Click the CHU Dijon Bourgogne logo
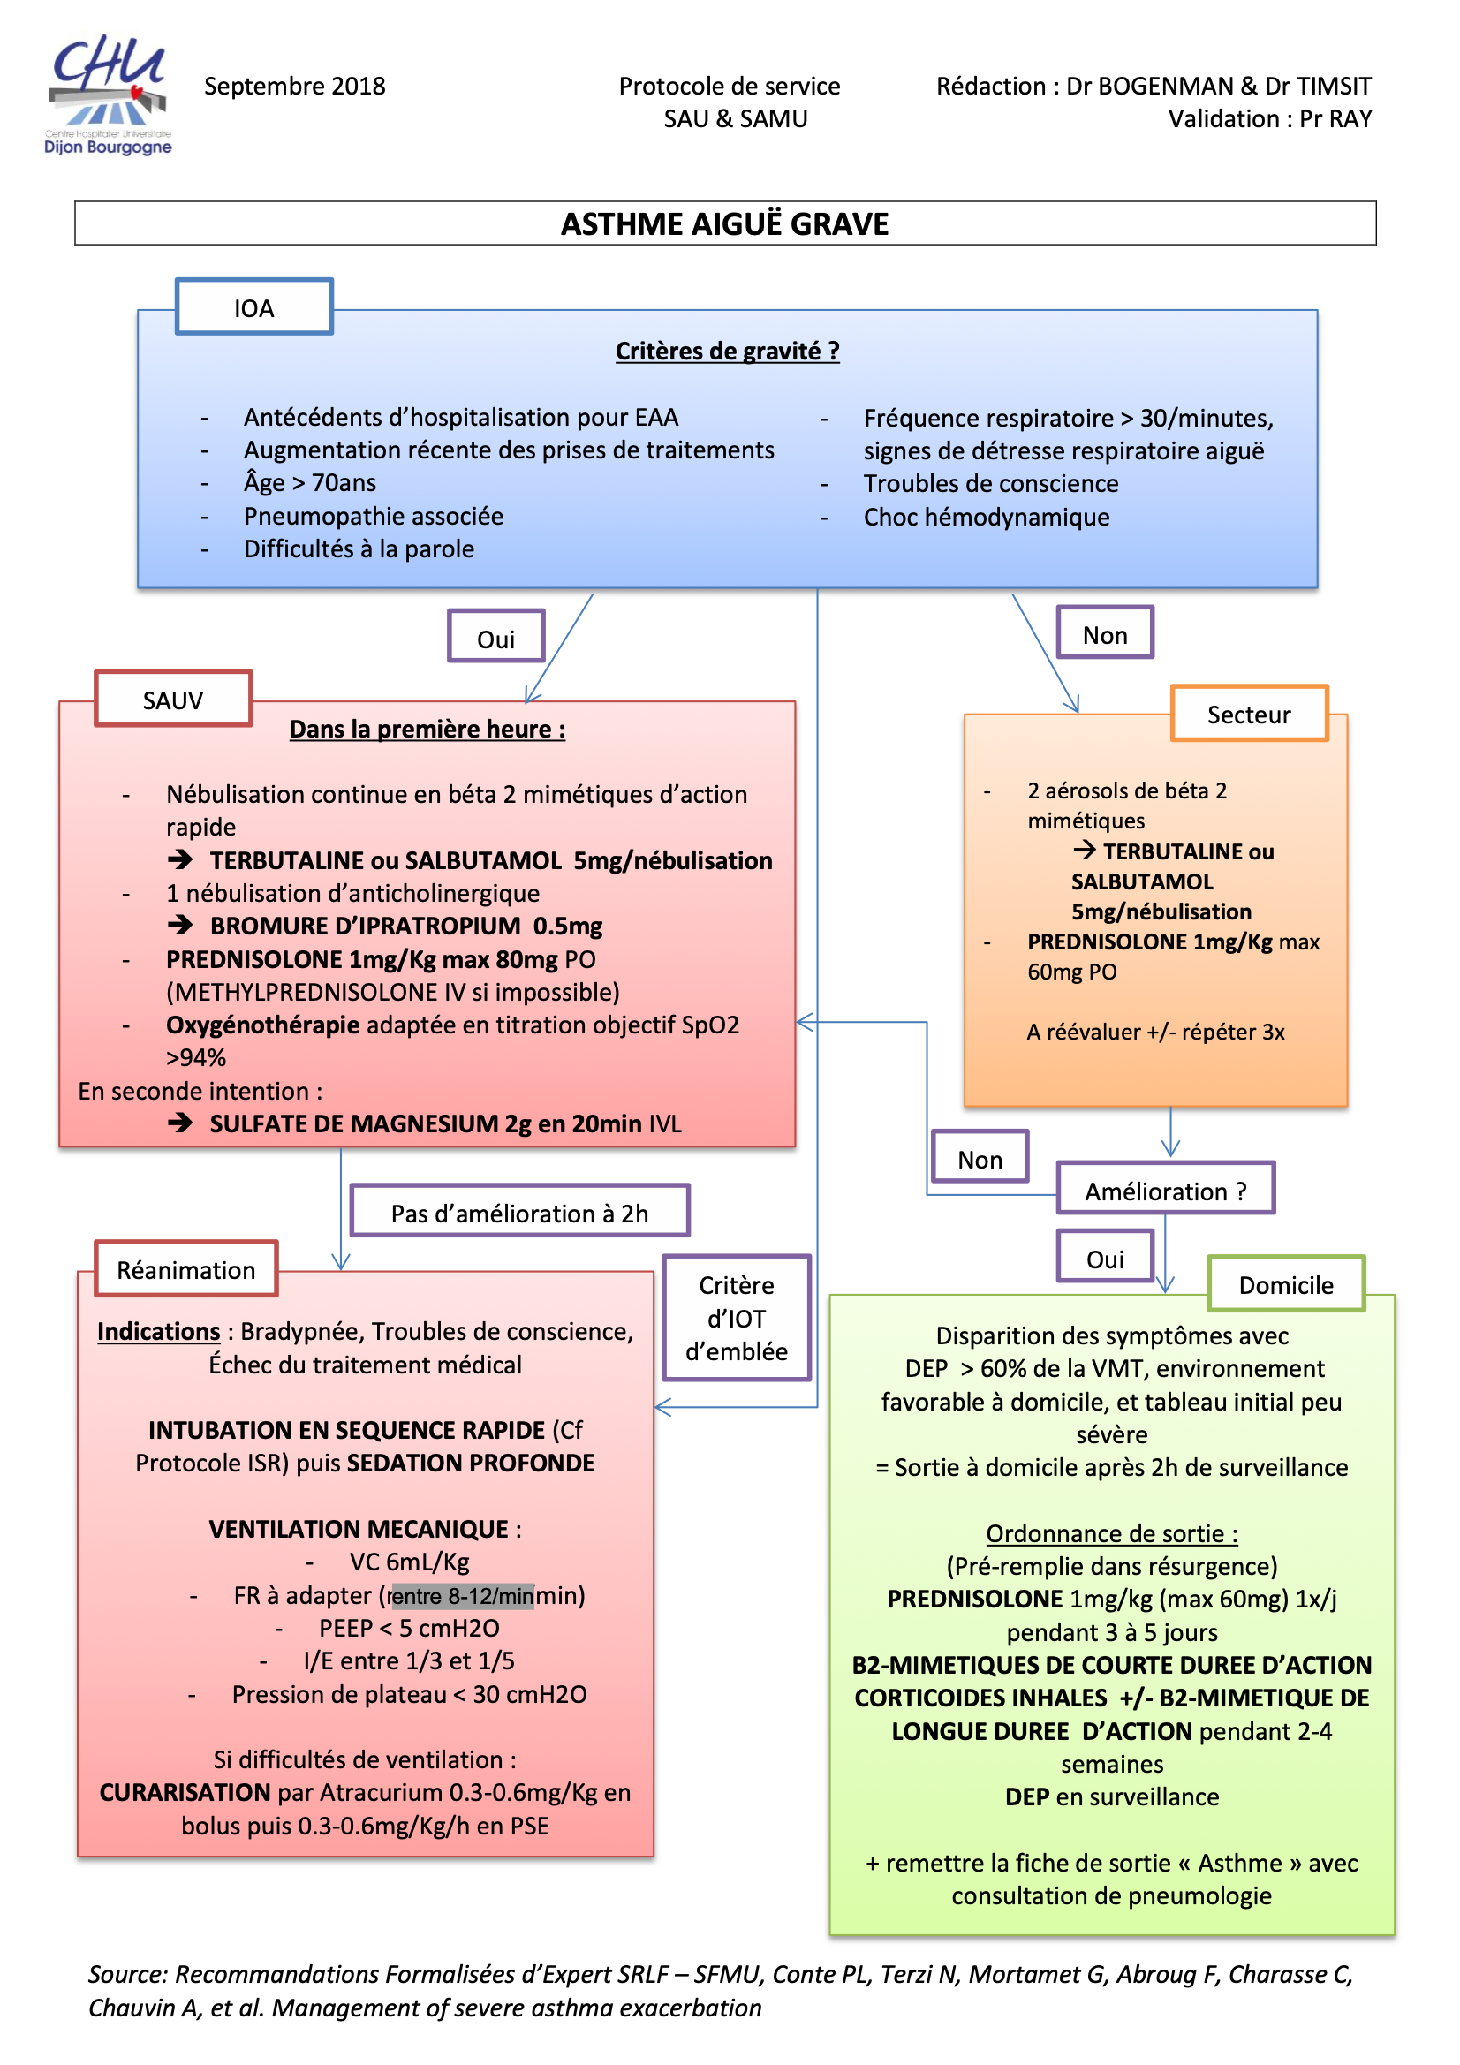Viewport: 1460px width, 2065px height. pyautogui.click(x=108, y=95)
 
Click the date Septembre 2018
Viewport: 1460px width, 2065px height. pyautogui.click(x=294, y=87)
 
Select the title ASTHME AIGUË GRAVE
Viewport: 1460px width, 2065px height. pyautogui.click(x=724, y=224)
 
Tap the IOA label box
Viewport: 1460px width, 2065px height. pyautogui.click(x=253, y=307)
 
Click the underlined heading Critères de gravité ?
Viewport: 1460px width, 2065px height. pyautogui.click(x=727, y=351)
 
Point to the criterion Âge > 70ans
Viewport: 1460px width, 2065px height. pyautogui.click(x=309, y=483)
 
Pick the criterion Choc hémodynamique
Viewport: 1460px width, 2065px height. pyautogui.click(x=986, y=518)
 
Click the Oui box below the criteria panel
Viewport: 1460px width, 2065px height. pyautogui.click(x=495, y=639)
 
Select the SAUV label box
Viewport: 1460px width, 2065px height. pyautogui.click(x=173, y=700)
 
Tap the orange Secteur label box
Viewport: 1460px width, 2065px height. pyautogui.click(x=1248, y=715)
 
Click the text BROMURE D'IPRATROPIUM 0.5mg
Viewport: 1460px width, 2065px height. pyautogui.click(x=405, y=927)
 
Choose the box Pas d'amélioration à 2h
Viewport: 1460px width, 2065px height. pyautogui.click(x=519, y=1214)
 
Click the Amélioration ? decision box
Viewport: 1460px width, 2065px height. pyautogui.click(x=1165, y=1191)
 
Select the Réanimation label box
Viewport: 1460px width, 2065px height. pyautogui.click(x=186, y=1270)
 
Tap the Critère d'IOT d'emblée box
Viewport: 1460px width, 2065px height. pyautogui.click(x=736, y=1319)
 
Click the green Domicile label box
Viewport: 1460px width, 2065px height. pyautogui.click(x=1285, y=1284)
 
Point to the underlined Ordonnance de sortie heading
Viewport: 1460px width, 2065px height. pyautogui.click(x=1111, y=1533)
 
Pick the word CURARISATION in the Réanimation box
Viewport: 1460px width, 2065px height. pyautogui.click(x=185, y=1792)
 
